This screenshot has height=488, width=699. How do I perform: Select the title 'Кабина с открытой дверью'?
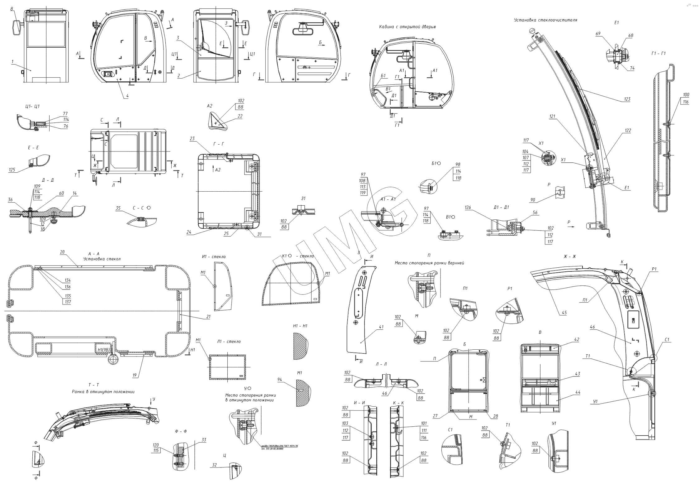tap(407, 27)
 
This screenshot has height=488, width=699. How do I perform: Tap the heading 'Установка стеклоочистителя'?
tap(545, 20)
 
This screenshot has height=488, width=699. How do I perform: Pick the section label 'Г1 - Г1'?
tap(659, 53)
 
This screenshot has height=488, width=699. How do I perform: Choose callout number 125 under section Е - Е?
tap(12, 170)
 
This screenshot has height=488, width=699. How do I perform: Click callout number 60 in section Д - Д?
tap(61, 193)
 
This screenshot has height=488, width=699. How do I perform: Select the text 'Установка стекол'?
tap(102, 259)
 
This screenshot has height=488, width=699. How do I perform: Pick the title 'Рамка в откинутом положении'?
tap(103, 392)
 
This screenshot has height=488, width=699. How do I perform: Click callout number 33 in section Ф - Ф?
tap(204, 440)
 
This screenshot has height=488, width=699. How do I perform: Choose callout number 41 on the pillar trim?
tap(381, 327)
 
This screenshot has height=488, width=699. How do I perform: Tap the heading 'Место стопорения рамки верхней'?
tap(429, 263)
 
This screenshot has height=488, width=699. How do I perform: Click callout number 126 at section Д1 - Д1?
tap(468, 208)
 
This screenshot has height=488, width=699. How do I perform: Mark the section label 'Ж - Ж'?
tap(570, 256)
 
